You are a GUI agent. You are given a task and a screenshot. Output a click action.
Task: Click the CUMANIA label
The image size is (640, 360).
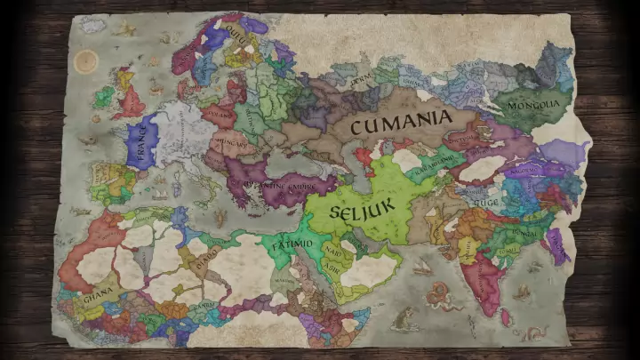pyautogui.click(x=401, y=123)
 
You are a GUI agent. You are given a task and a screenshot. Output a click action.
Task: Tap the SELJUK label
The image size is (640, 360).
pyautogui.click(x=356, y=212)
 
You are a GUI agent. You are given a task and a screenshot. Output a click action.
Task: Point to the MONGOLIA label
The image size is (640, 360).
pyautogui.click(x=533, y=105)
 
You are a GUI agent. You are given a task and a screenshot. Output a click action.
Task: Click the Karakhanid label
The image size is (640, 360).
pyautogui.click(x=436, y=166)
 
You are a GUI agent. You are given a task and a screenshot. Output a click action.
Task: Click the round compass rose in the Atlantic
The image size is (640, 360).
pyautogui.click(x=86, y=61)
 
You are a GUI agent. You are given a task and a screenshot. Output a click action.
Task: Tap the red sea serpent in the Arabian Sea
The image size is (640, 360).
pyautogui.click(x=437, y=294)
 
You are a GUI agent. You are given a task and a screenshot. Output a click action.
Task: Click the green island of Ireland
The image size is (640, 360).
pyautogui.click(x=104, y=97)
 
